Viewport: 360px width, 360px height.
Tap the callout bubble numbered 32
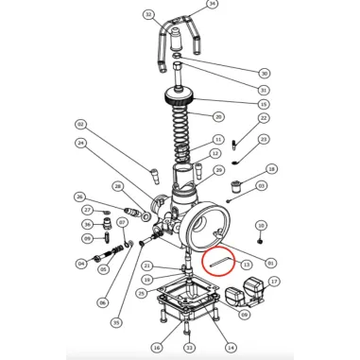[x=148, y=15]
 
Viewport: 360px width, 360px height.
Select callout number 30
[x=264, y=73]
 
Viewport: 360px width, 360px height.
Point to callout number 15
[x=264, y=104]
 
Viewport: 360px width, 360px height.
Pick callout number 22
[x=264, y=118]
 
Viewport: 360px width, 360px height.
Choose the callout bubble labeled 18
[x=271, y=169]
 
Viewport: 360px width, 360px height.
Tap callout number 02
[x=81, y=125]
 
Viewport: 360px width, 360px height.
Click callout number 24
[x=81, y=144]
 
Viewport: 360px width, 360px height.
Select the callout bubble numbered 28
[x=117, y=186]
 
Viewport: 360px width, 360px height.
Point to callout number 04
[x=81, y=264]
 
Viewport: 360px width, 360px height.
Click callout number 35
[x=116, y=322]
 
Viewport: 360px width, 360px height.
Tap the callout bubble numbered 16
[x=156, y=347]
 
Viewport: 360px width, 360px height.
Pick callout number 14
[x=231, y=347]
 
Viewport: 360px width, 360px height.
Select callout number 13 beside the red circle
[x=246, y=266]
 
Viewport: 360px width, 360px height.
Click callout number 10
[x=262, y=227]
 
